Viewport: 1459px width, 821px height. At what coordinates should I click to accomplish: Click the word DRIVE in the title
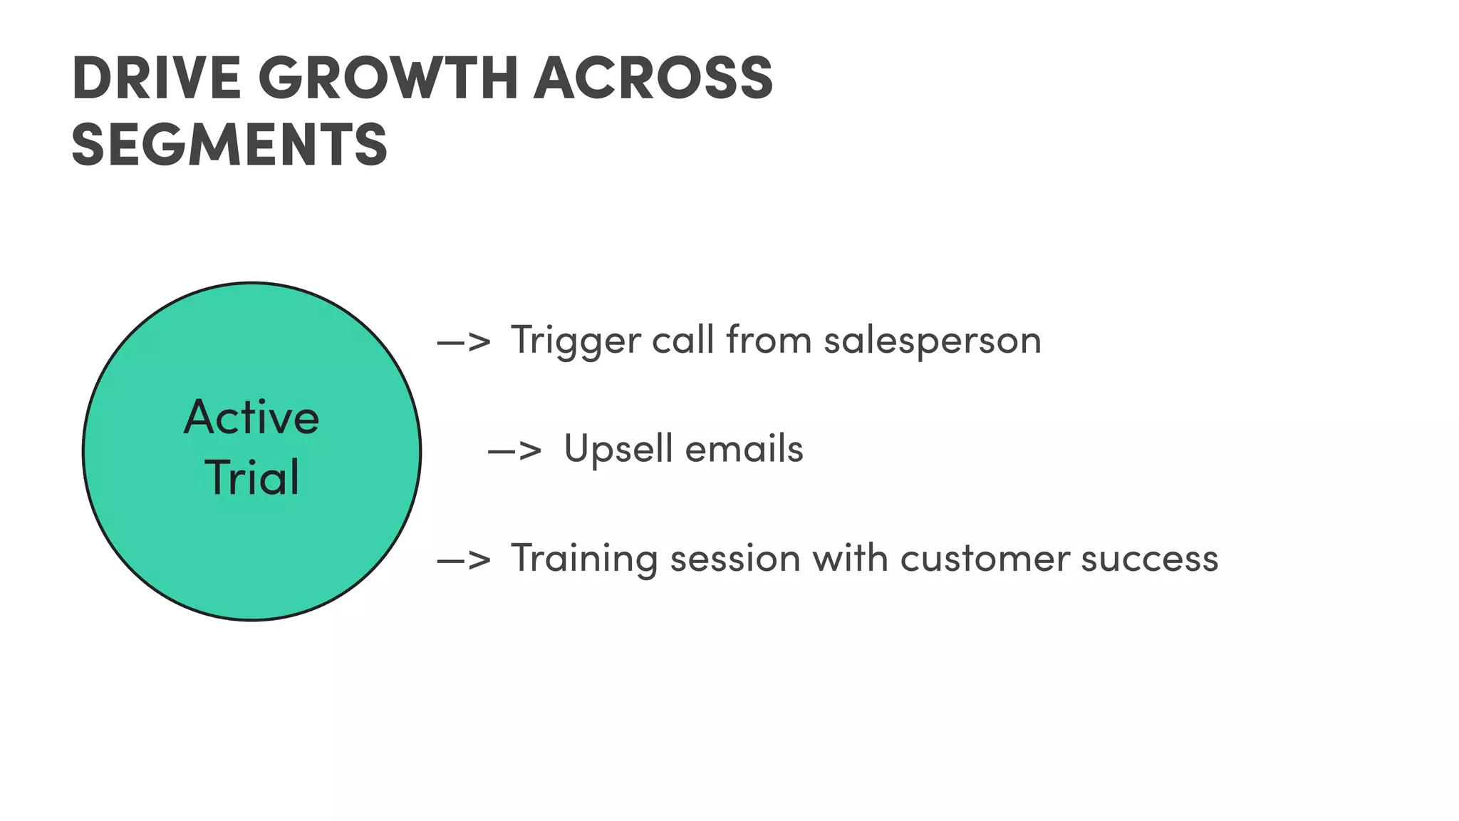point(156,78)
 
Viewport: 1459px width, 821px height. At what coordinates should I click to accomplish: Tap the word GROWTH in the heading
point(388,78)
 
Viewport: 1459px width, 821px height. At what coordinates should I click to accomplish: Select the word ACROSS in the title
point(653,78)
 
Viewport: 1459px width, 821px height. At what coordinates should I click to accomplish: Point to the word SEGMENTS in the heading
point(229,145)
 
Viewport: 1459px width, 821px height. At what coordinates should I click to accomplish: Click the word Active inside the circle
point(251,418)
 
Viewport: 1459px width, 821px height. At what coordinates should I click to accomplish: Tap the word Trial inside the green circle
point(251,477)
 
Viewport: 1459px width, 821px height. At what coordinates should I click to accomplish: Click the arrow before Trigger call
point(464,342)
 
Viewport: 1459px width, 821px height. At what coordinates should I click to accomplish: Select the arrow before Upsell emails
point(515,450)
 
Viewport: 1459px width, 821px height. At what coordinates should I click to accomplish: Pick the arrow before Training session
point(464,560)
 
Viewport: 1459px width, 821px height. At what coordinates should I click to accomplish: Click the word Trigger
point(575,341)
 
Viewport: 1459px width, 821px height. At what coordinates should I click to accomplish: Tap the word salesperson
point(933,341)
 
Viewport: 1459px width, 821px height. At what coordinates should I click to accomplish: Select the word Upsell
point(618,449)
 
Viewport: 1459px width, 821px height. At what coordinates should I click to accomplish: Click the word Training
point(583,559)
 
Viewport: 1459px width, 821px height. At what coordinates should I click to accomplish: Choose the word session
point(735,559)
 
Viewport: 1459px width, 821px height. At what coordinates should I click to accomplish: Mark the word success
point(1149,559)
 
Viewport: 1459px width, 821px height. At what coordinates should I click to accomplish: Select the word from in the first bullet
point(769,341)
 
